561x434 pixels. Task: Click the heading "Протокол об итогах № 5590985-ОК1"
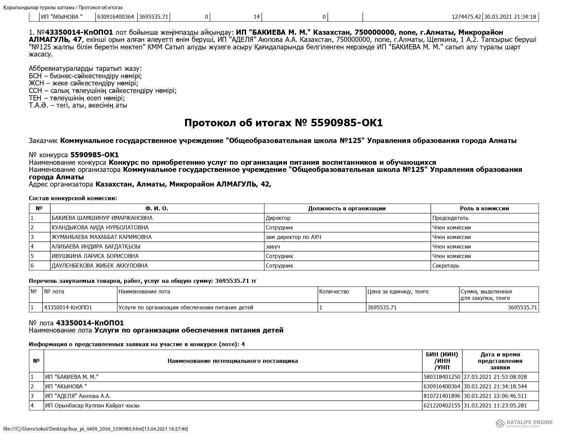coord(283,123)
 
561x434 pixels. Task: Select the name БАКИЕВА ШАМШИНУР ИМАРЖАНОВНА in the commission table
coord(102,218)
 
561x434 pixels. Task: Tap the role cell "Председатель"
coord(450,218)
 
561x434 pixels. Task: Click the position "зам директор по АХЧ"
coord(293,237)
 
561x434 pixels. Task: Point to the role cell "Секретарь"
coord(445,266)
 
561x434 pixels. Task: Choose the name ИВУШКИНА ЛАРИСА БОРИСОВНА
coord(95,256)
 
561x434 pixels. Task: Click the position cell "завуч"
coord(273,246)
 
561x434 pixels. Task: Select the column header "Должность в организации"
coord(347,208)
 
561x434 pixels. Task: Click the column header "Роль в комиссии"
coord(484,208)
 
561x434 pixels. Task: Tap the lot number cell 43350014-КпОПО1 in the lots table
coord(68,307)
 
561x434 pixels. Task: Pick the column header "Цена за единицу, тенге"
coord(398,292)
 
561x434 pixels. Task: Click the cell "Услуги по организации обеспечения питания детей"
coord(186,307)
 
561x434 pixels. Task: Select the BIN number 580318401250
coord(442,377)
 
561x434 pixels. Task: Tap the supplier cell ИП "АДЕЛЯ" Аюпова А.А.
coord(78,396)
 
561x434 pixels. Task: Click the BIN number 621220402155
coord(442,405)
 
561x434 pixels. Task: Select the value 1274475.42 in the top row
coord(466,17)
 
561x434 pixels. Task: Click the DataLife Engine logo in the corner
coord(524,423)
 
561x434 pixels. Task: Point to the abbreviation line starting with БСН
coord(85,76)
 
